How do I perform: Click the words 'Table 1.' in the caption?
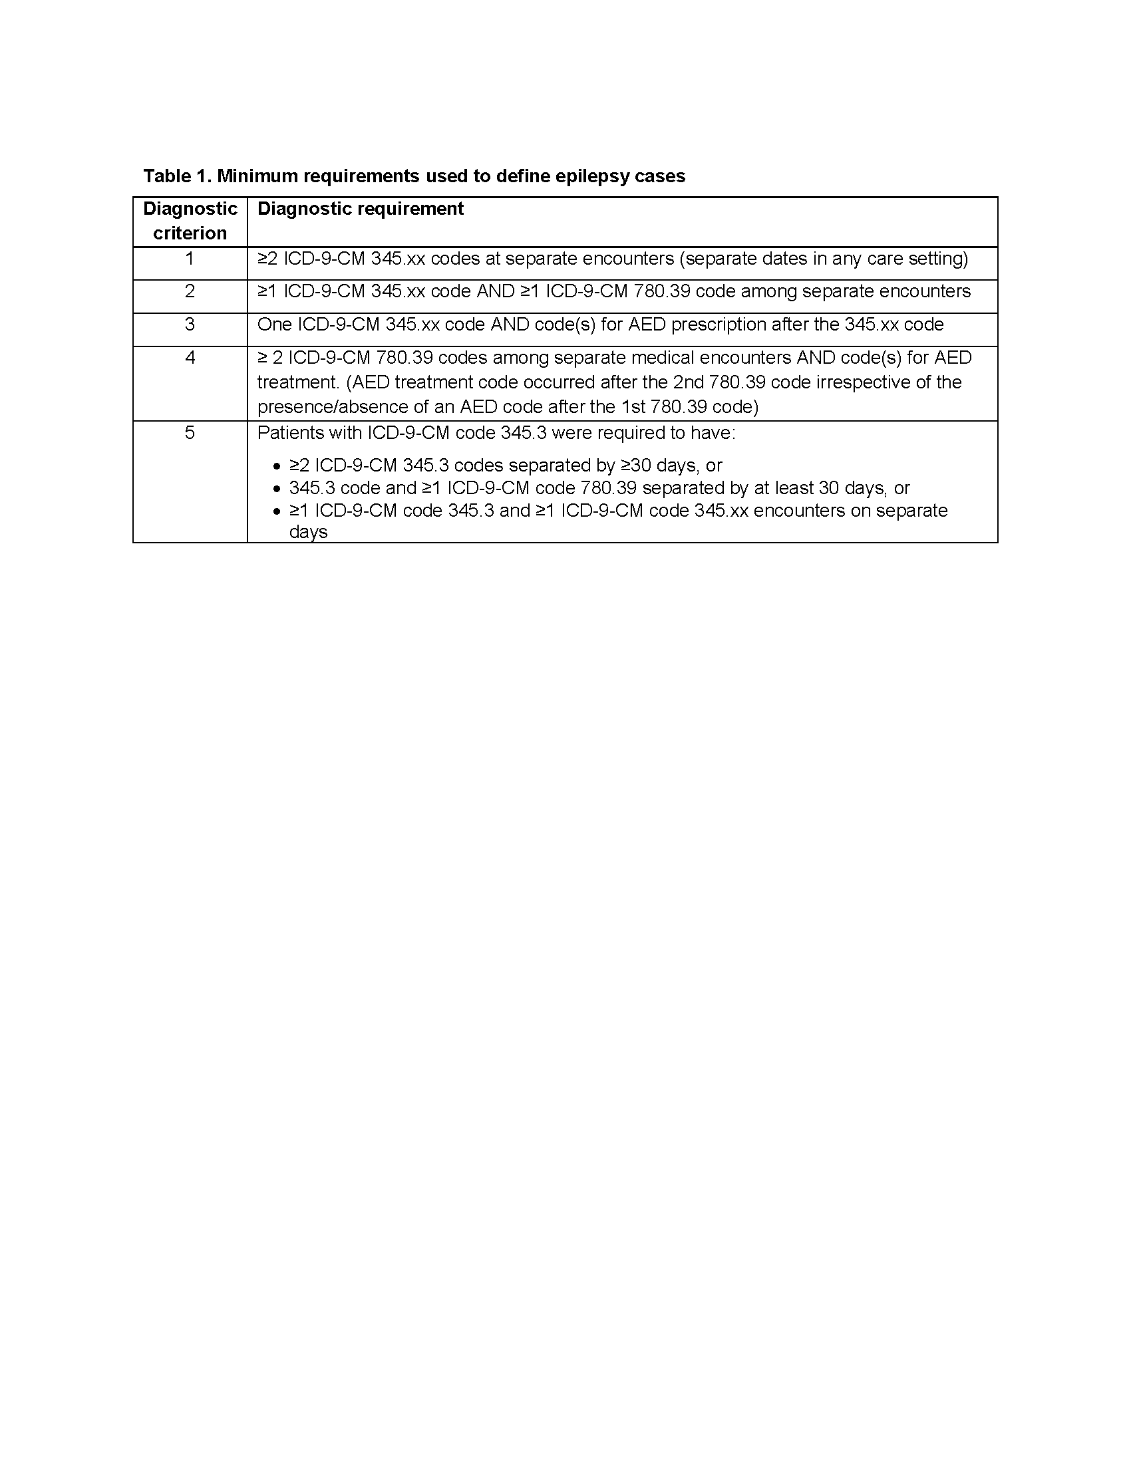177,176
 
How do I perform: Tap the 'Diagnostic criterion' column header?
190,221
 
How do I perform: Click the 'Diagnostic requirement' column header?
361,209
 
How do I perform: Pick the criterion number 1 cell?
190,259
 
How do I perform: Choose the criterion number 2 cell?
190,291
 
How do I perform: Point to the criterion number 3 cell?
190,325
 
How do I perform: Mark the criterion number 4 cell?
190,358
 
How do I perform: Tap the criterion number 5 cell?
190,433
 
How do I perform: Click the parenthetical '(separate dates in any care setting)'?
824,259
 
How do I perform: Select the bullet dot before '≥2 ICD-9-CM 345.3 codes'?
277,466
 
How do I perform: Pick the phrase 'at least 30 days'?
817,488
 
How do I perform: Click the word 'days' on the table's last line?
308,532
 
